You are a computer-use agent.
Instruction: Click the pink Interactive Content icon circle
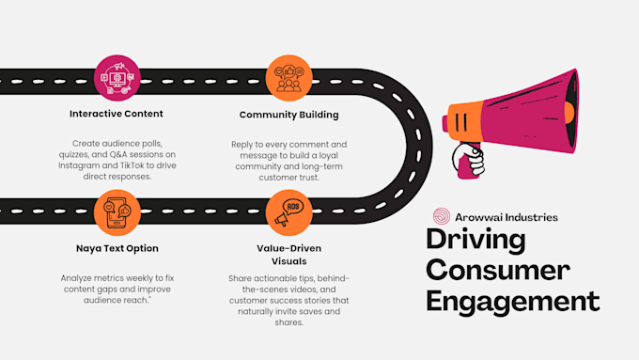[x=117, y=78]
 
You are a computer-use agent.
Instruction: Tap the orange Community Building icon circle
[x=288, y=78]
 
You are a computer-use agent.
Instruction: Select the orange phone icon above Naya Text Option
[x=117, y=212]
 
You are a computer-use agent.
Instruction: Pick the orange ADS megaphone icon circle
[x=288, y=212]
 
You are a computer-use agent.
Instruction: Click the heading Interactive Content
[x=117, y=114]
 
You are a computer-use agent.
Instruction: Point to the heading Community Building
[x=288, y=115]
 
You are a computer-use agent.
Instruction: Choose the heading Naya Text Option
[x=117, y=248]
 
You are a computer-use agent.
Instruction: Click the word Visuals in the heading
[x=288, y=261]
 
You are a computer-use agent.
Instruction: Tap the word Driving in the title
[x=475, y=240]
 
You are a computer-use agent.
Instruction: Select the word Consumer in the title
[x=498, y=270]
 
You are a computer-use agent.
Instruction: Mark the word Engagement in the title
[x=513, y=302]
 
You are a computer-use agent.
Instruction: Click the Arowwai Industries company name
[x=507, y=217]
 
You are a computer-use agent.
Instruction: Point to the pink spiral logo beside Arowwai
[x=442, y=216]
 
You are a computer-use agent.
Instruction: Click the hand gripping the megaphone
[x=469, y=160]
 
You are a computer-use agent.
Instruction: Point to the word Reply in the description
[x=242, y=145]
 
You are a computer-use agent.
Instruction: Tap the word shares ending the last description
[x=288, y=322]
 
